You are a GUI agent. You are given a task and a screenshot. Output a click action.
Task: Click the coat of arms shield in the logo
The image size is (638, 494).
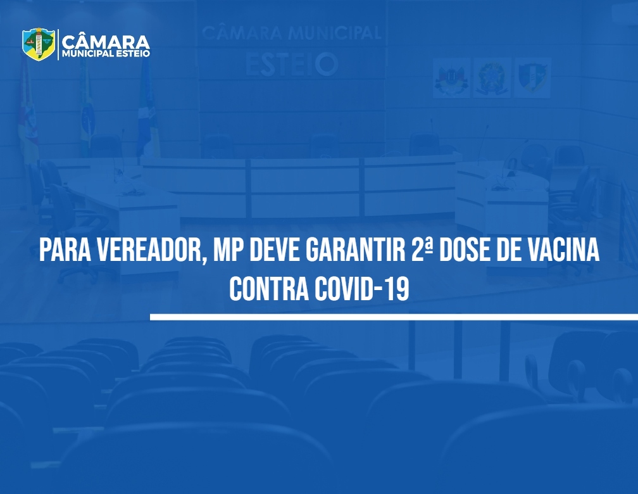39,44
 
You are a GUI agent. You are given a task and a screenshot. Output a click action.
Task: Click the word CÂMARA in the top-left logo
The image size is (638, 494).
106,41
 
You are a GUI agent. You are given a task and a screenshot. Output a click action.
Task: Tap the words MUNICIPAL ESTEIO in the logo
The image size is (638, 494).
106,54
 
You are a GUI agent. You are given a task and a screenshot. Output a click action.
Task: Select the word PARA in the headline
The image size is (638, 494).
65,250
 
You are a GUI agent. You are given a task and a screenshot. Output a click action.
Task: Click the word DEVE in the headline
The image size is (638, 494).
275,250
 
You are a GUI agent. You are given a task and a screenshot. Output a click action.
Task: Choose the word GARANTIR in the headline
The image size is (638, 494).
356,250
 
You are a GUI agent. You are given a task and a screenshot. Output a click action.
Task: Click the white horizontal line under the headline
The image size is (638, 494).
394,317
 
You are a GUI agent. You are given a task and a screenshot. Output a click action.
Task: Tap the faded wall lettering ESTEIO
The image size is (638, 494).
292,65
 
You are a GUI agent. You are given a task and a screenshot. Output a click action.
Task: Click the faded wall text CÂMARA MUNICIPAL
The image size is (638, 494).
292,33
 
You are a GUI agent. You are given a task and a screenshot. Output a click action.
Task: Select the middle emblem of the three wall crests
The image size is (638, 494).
492,78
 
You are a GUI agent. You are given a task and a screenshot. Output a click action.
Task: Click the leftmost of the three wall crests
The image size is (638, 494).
451,78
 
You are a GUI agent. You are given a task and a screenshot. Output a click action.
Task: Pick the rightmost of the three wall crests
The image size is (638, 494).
533,78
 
